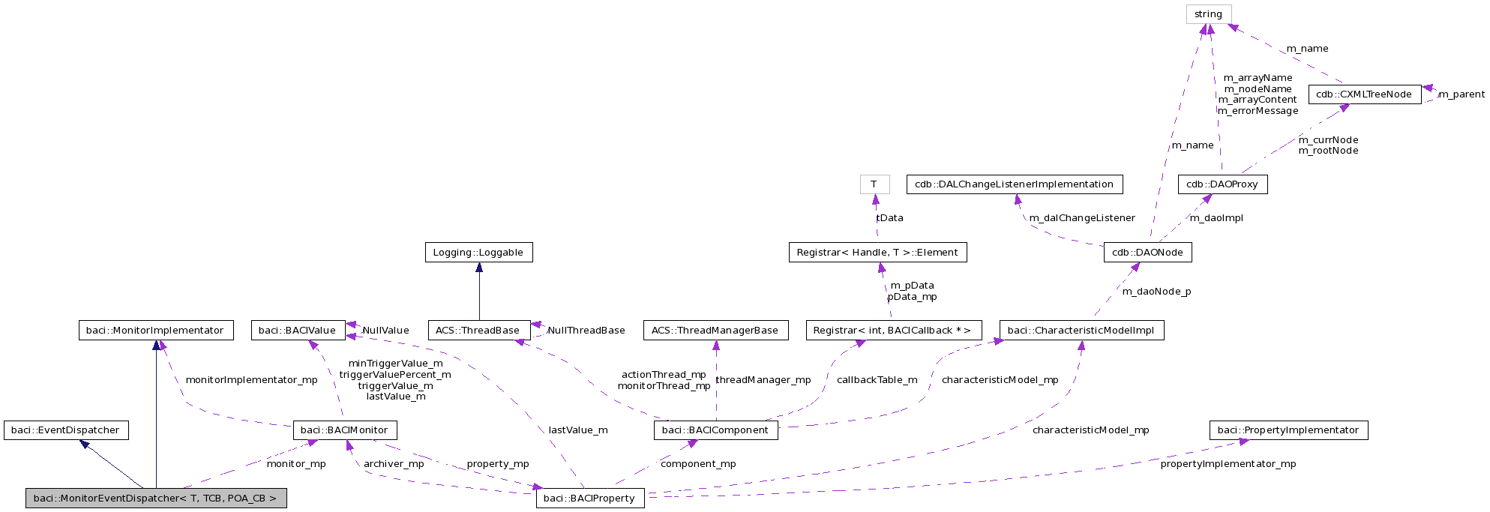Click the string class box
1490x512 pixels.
tap(1208, 14)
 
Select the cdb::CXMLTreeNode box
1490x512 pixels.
tap(1364, 94)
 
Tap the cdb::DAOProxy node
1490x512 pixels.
tap(1222, 184)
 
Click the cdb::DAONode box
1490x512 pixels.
tap(1147, 253)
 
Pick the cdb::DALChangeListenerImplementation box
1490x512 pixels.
tap(1014, 184)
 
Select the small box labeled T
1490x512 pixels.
tap(874, 184)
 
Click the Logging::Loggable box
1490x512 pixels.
tap(478, 253)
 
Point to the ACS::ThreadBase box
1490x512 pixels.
tap(478, 331)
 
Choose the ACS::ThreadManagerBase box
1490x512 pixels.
tap(715, 331)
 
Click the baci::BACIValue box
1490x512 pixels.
tap(298, 331)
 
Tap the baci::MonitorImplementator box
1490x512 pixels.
tap(155, 331)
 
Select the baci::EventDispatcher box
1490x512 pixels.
tap(66, 430)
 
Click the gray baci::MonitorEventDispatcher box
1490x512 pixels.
tap(155, 499)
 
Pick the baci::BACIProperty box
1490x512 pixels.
tap(589, 499)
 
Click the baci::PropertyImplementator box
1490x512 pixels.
tap(1288, 430)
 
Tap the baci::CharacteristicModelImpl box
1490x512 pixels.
tap(1081, 331)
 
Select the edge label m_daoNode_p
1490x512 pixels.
tap(1156, 292)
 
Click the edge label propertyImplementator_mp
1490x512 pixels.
tap(1228, 464)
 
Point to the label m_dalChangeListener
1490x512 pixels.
tap(1082, 218)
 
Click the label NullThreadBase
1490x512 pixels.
tap(586, 331)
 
